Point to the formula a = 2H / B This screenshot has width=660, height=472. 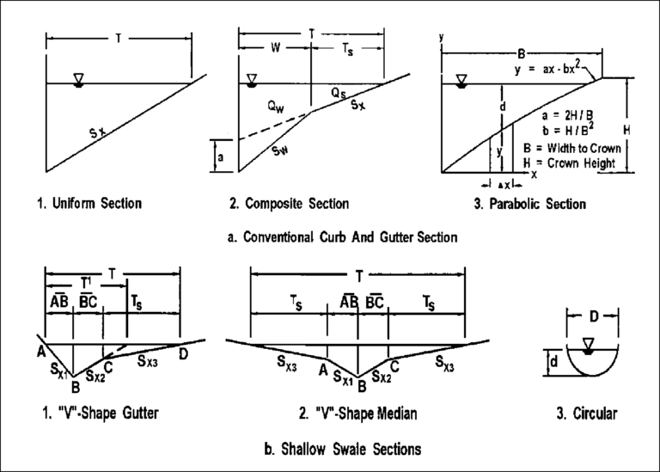(564, 113)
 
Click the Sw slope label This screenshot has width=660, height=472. (278, 150)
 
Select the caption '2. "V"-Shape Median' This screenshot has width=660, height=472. (358, 414)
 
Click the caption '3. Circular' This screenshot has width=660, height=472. (587, 414)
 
